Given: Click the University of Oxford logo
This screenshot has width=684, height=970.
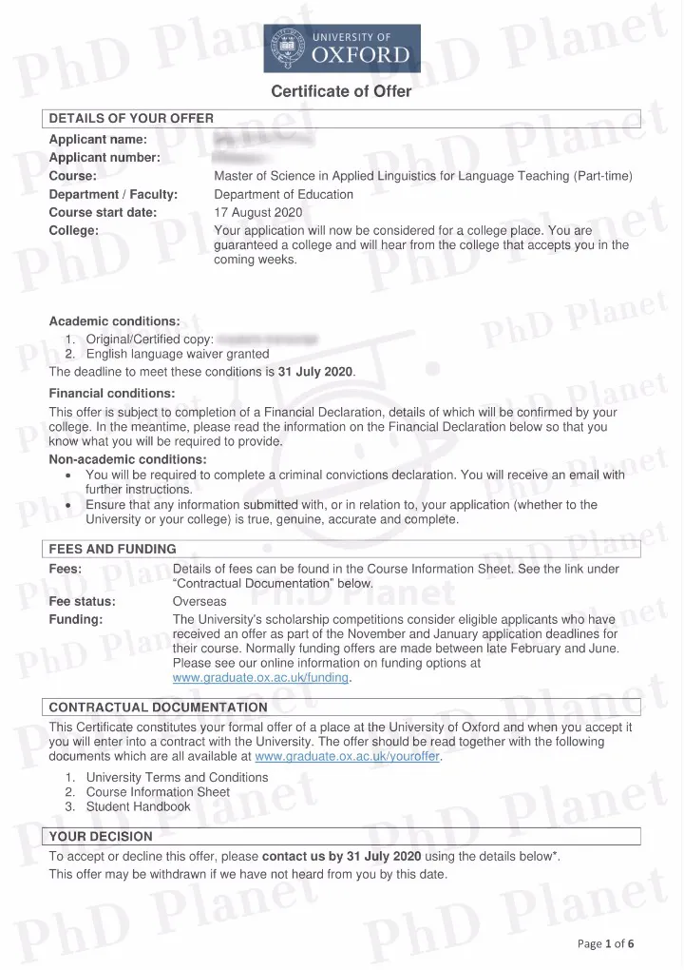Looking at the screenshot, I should tap(341, 48).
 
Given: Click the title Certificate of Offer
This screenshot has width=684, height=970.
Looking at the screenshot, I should tap(341, 92).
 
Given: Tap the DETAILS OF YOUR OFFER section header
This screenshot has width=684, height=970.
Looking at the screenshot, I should tap(131, 118).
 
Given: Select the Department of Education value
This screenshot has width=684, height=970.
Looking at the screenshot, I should tap(284, 194).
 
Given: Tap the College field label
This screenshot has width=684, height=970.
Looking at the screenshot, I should tap(73, 230).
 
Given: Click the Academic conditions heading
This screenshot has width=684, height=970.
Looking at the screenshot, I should tap(114, 320).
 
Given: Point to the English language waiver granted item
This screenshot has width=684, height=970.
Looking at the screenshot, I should tap(178, 354).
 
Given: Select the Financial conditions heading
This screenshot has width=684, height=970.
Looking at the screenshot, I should tap(111, 393).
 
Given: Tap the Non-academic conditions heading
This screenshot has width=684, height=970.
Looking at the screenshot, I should tap(127, 459).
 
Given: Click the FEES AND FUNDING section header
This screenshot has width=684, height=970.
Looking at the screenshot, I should tap(112, 549).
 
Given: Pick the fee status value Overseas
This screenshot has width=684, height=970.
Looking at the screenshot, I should tap(199, 602).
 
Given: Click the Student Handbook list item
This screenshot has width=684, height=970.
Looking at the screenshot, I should tap(138, 806).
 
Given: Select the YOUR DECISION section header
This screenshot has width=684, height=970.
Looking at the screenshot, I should tap(100, 836).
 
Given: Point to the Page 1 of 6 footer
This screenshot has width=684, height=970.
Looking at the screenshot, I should tap(605, 943).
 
